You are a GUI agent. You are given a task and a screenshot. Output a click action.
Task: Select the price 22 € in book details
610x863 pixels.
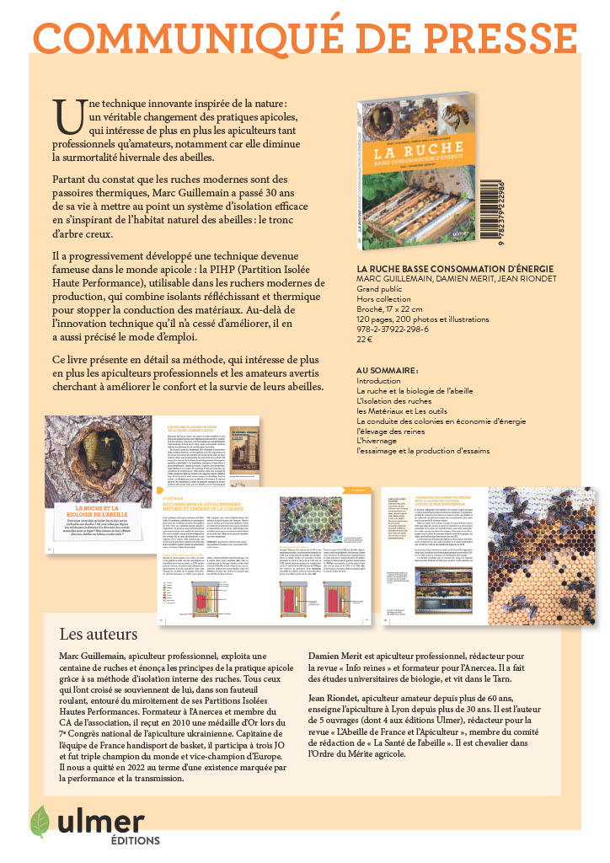366,340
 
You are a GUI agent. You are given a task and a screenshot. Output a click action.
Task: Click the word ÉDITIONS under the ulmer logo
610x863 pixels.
136,840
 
